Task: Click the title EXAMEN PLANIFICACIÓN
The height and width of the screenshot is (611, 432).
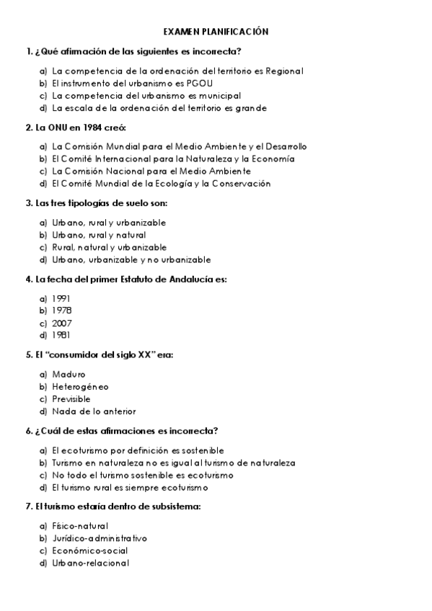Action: tap(216, 32)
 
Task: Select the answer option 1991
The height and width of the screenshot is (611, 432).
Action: tap(61, 298)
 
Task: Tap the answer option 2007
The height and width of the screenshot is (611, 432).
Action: tap(62, 323)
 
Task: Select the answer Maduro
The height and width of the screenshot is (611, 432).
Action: tap(69, 374)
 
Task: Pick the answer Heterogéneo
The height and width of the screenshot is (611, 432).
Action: tap(80, 387)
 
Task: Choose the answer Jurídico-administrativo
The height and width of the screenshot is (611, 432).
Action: tap(99, 538)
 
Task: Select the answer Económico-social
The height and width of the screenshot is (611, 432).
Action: tap(89, 550)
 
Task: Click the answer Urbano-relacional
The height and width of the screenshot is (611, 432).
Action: tap(90, 563)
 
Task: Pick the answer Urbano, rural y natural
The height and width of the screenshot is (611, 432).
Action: tap(99, 235)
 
